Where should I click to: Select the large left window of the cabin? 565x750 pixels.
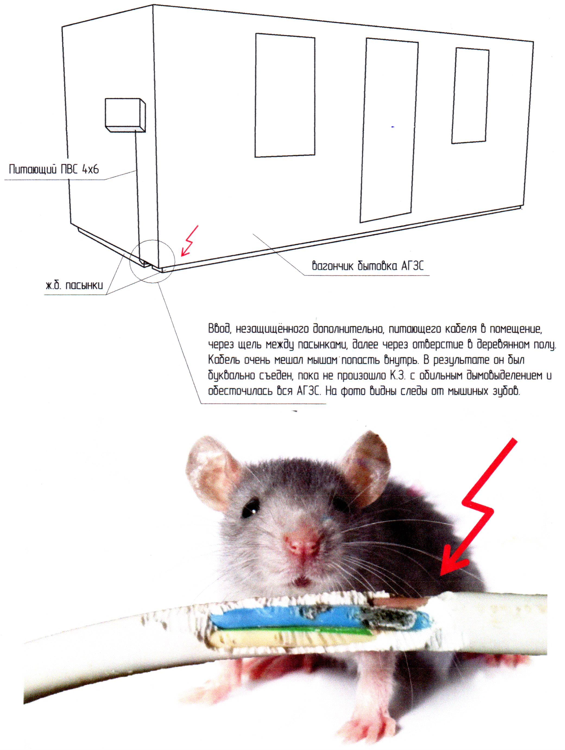(285, 95)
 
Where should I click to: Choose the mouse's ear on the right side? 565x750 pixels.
(367, 461)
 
